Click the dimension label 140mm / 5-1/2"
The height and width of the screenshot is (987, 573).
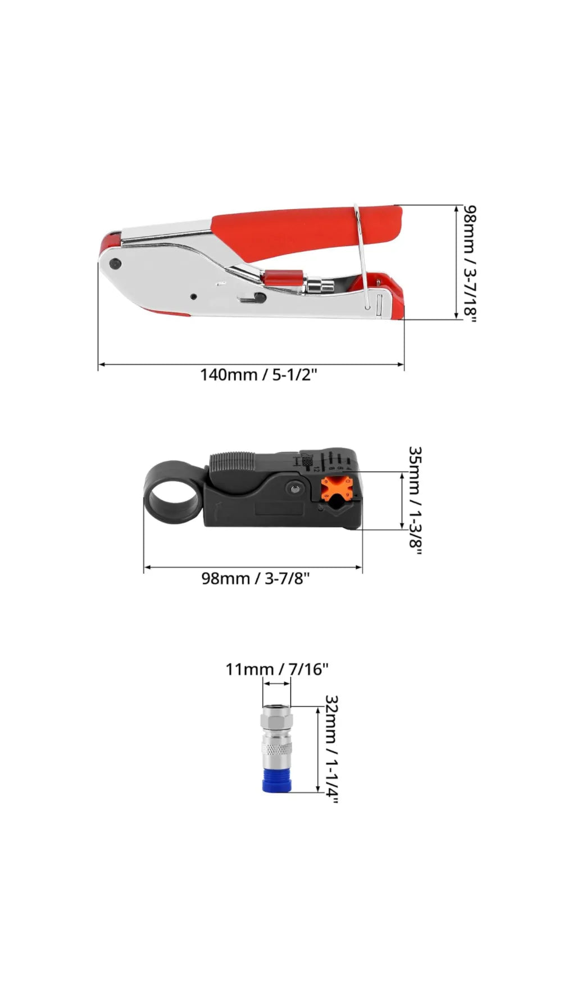pyautogui.click(x=259, y=374)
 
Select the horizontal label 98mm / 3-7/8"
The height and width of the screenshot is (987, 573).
pyautogui.click(x=256, y=578)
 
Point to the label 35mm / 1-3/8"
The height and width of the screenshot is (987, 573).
pyautogui.click(x=415, y=500)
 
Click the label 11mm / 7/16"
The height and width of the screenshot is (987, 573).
pyautogui.click(x=277, y=669)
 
